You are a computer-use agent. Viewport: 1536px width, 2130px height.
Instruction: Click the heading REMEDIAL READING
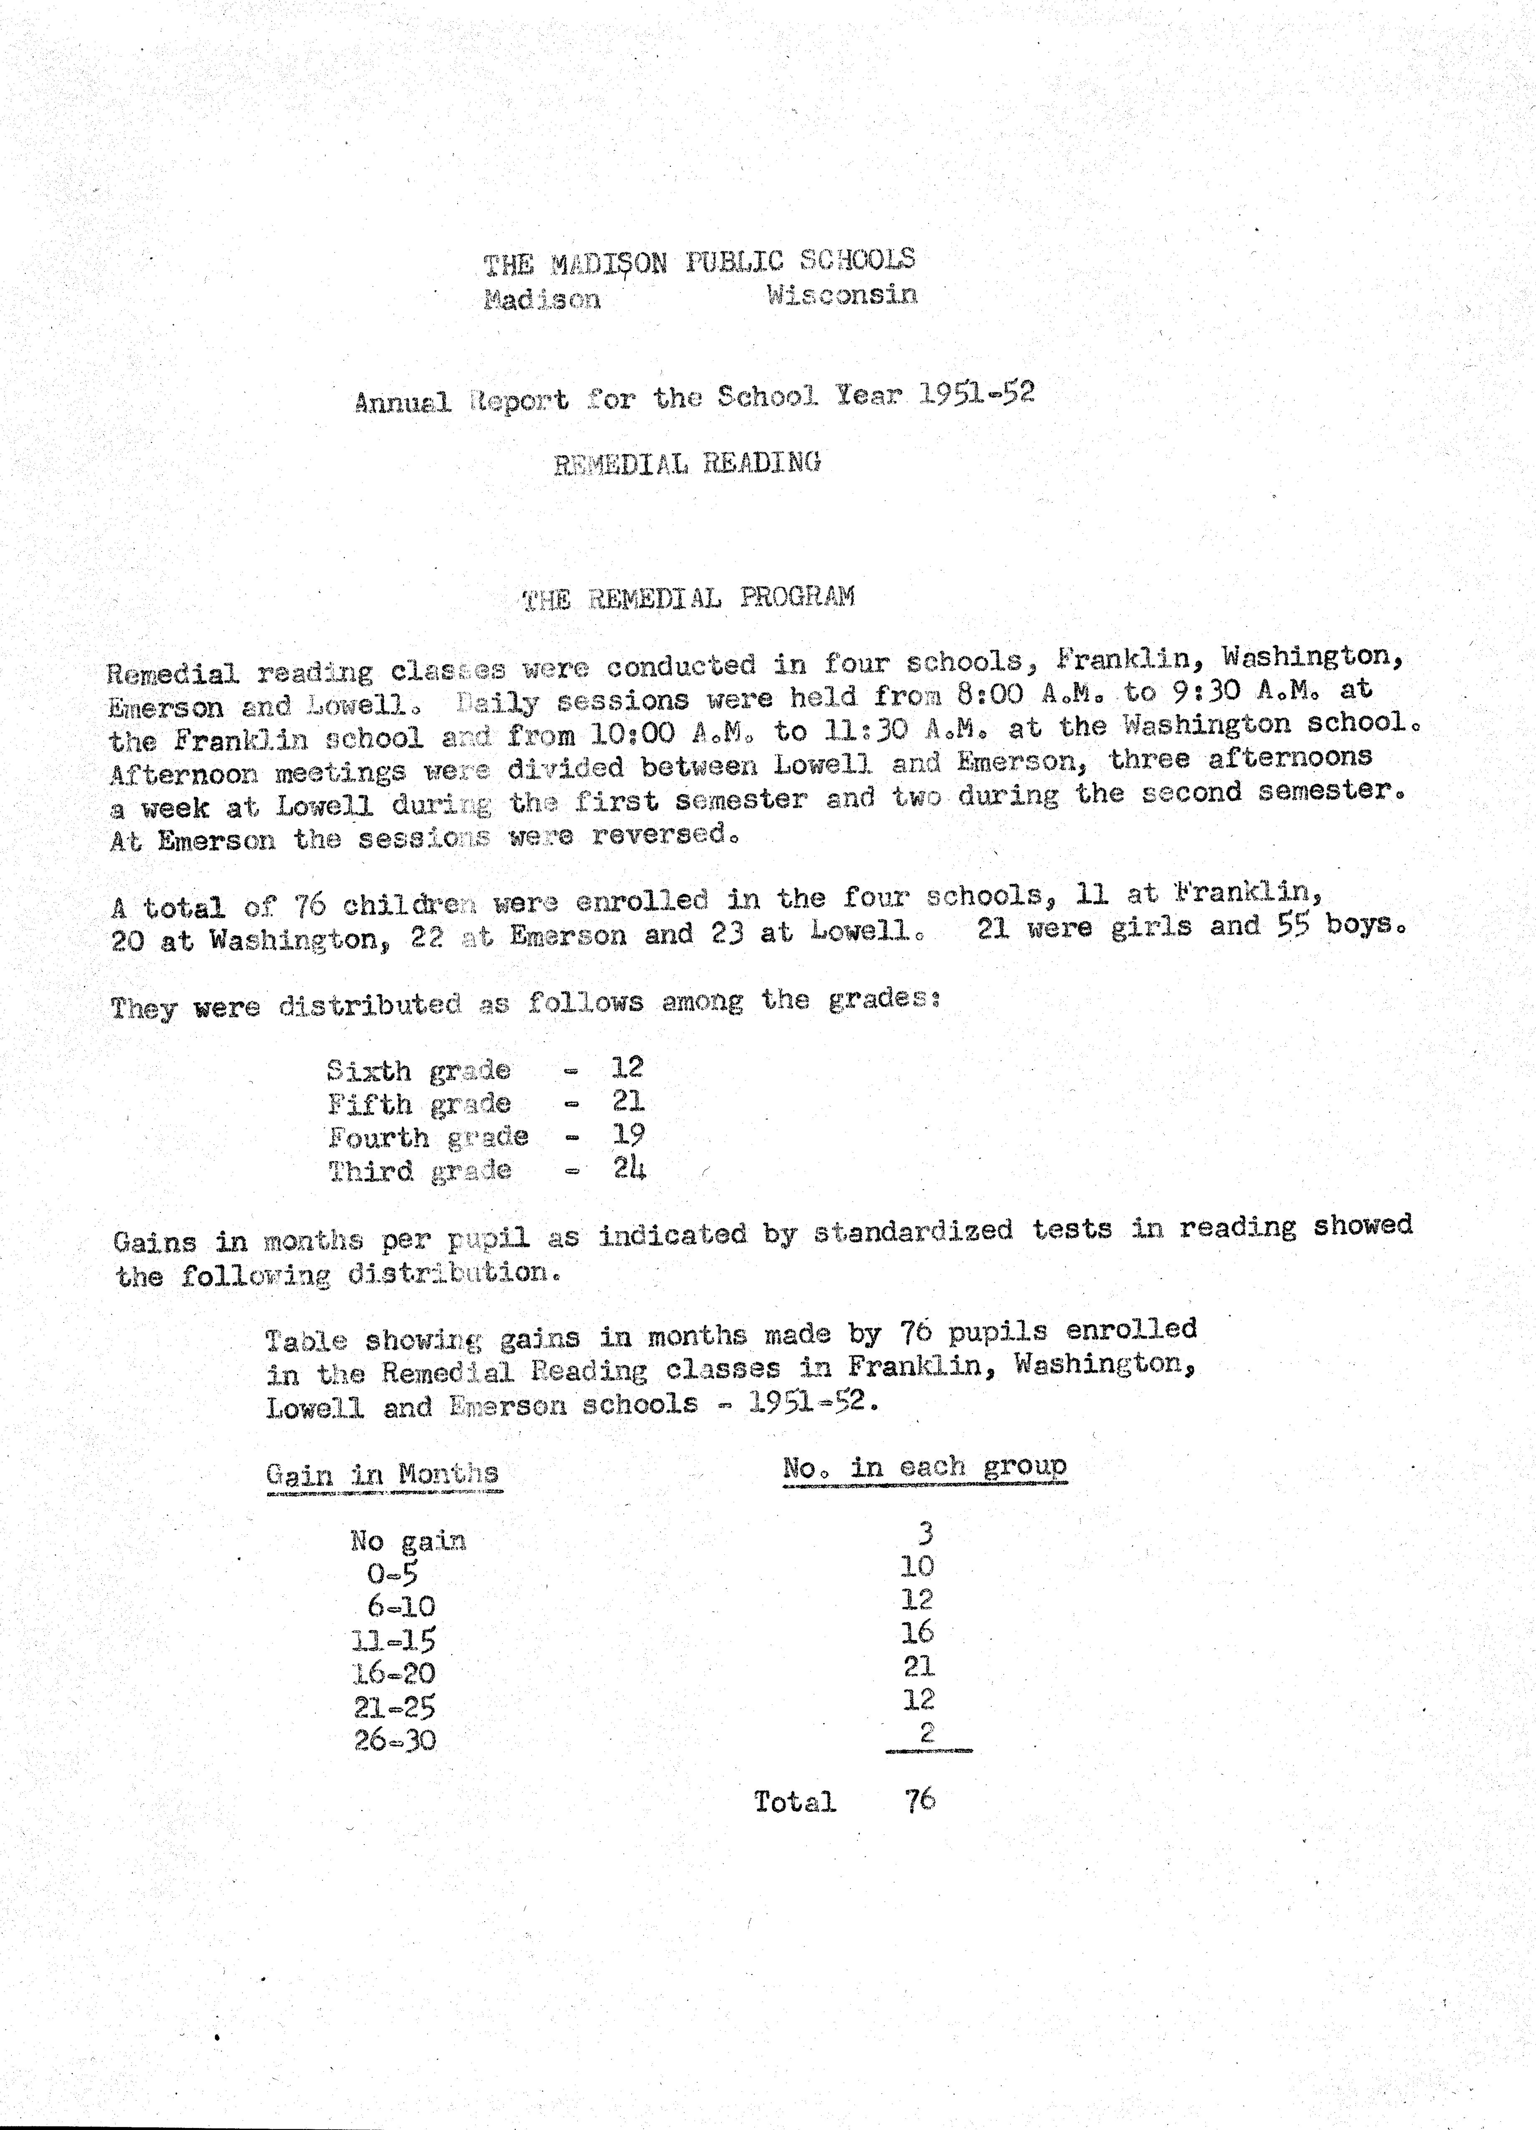coord(687,463)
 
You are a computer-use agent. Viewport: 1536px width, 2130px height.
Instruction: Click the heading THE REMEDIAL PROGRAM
coord(689,598)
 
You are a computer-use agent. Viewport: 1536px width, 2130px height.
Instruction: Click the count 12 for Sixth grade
coord(627,1067)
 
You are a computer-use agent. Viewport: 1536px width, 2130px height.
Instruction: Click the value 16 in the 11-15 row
coord(917,1632)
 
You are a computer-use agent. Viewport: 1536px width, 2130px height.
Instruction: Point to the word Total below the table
coord(794,1801)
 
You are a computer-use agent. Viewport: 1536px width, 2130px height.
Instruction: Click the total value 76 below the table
coord(920,1799)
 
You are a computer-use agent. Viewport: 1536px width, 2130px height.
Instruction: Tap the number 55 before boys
coord(1292,926)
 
